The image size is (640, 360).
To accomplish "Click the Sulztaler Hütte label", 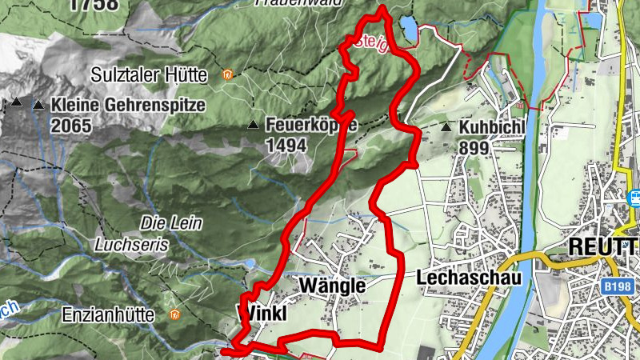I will [x=160, y=75].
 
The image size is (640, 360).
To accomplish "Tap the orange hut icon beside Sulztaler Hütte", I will [x=228, y=75].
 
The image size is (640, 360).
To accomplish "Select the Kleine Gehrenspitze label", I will [x=128, y=104].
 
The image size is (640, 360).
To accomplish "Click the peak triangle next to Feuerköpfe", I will [x=253, y=125].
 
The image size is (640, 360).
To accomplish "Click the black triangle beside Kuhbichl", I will [x=446, y=126].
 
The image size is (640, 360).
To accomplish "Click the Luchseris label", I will [x=131, y=245].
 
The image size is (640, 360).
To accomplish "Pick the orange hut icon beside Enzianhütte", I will [x=174, y=315].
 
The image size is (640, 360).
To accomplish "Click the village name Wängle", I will [x=331, y=286].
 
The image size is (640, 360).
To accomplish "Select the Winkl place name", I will [x=262, y=313].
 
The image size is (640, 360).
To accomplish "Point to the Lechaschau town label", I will [x=469, y=278].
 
